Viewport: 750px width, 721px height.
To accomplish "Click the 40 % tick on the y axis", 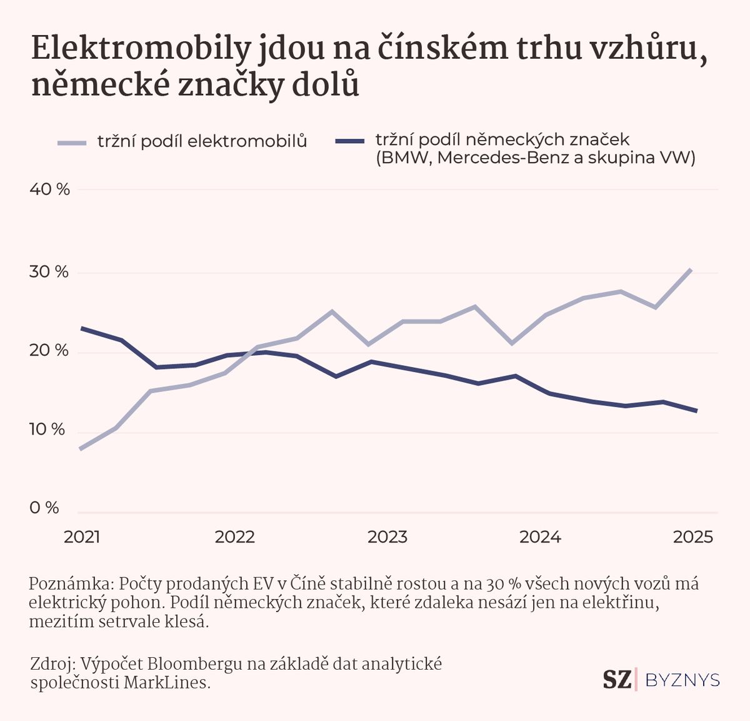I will (50, 189).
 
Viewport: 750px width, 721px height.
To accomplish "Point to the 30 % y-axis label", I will (49, 272).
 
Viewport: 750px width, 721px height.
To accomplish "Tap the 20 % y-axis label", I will (49, 351).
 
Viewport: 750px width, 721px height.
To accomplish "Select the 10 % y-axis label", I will (47, 430).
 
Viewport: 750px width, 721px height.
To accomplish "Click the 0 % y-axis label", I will (44, 508).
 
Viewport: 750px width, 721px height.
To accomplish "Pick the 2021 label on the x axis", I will (82, 537).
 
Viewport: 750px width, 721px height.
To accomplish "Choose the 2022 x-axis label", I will (235, 537).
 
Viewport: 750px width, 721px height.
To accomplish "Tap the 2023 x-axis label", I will (387, 537).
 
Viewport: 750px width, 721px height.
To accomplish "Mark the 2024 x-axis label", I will (541, 537).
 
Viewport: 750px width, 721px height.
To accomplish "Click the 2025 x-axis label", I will (692, 537).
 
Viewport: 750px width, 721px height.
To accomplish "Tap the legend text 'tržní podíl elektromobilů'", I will (202, 141).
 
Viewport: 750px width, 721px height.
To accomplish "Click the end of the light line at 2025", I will (690, 270).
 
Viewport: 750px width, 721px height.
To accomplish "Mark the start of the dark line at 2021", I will (81, 328).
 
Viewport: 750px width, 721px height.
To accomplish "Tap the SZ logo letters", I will (617, 680).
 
